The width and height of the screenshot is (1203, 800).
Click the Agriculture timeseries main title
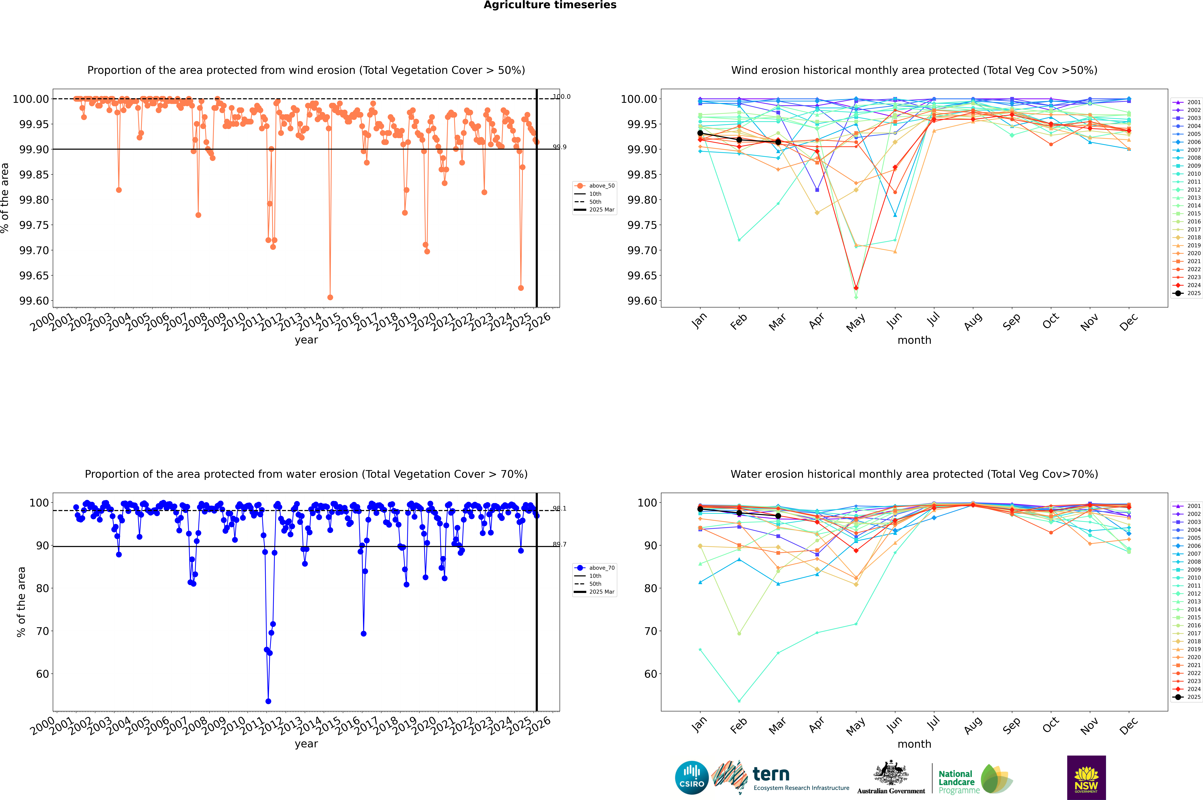click(550, 5)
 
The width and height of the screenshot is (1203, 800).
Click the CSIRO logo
click(691, 778)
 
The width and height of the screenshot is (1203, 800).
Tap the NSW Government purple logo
click(1086, 778)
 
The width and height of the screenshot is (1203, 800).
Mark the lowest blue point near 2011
click(268, 701)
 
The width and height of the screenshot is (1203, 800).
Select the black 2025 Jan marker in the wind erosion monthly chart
click(700, 133)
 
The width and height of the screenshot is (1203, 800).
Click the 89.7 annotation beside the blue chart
click(559, 544)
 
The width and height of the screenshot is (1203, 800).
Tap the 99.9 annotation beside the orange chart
click(559, 147)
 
